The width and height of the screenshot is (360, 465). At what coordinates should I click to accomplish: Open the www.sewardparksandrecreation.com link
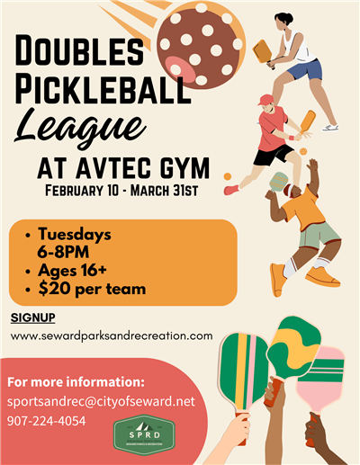[112, 335]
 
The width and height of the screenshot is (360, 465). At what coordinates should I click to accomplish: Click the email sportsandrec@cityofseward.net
[101, 401]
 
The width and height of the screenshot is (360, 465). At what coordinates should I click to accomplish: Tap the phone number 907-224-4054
[47, 420]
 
